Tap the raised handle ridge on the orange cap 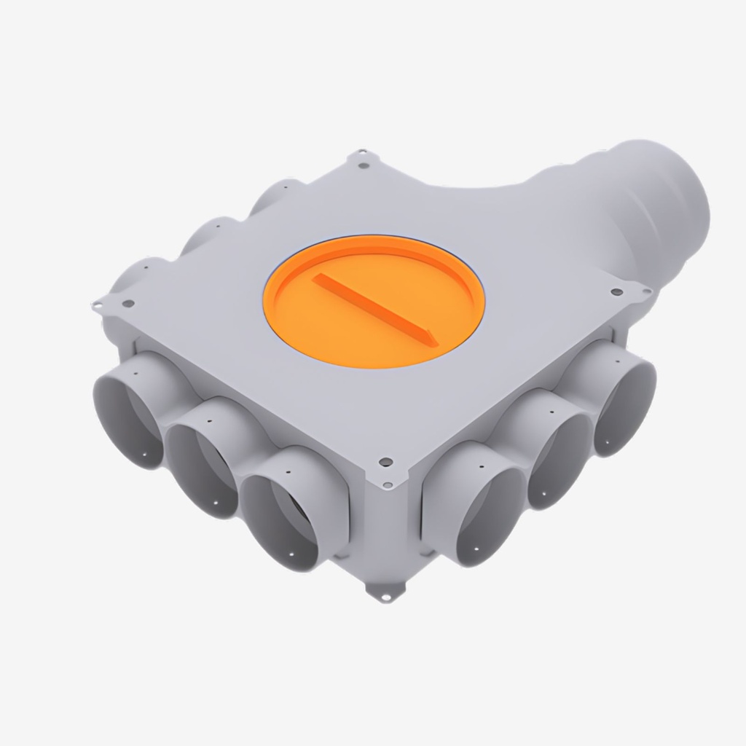374,307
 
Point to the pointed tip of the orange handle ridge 433,338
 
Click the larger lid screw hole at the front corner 386,462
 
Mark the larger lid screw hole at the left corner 128,303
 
